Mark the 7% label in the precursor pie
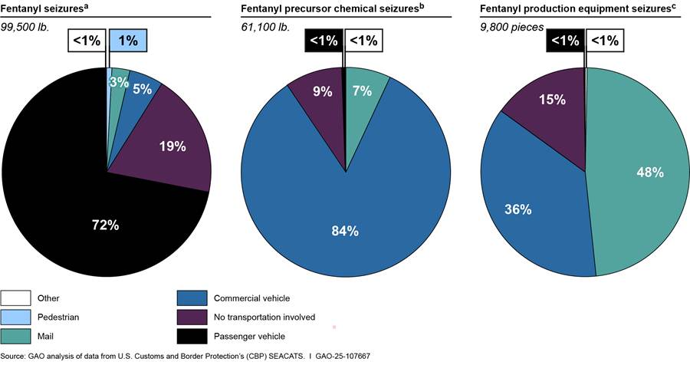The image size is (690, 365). pyautogui.click(x=362, y=91)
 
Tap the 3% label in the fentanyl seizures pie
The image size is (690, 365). pyautogui.click(x=118, y=82)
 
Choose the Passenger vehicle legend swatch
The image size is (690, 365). pyautogui.click(x=191, y=334)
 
